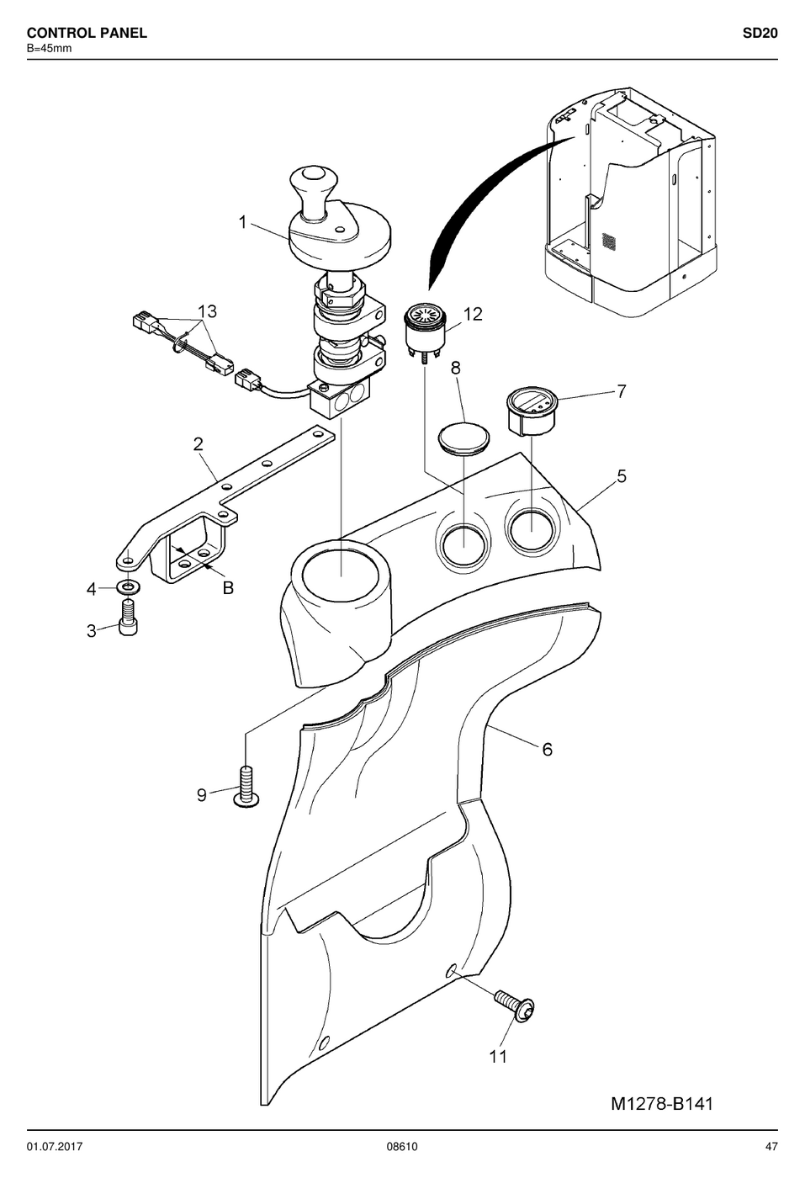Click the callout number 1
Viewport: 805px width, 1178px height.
(242, 222)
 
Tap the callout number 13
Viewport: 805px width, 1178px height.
(207, 311)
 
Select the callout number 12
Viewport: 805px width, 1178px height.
(473, 314)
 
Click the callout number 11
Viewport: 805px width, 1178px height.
(498, 1056)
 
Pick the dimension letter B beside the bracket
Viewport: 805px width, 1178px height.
(228, 587)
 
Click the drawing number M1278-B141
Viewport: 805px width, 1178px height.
(661, 1103)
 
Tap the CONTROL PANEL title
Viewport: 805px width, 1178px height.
(87, 33)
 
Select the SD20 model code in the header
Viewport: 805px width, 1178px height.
(760, 33)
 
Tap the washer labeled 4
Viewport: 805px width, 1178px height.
(128, 586)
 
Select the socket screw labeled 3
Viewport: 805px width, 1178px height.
(128, 618)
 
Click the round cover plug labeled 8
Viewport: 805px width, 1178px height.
(463, 436)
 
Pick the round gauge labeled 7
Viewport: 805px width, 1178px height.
(531, 411)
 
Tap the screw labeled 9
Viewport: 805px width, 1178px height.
(246, 787)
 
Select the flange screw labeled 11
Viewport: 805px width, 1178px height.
(516, 1007)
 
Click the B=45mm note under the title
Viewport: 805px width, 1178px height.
(50, 49)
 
